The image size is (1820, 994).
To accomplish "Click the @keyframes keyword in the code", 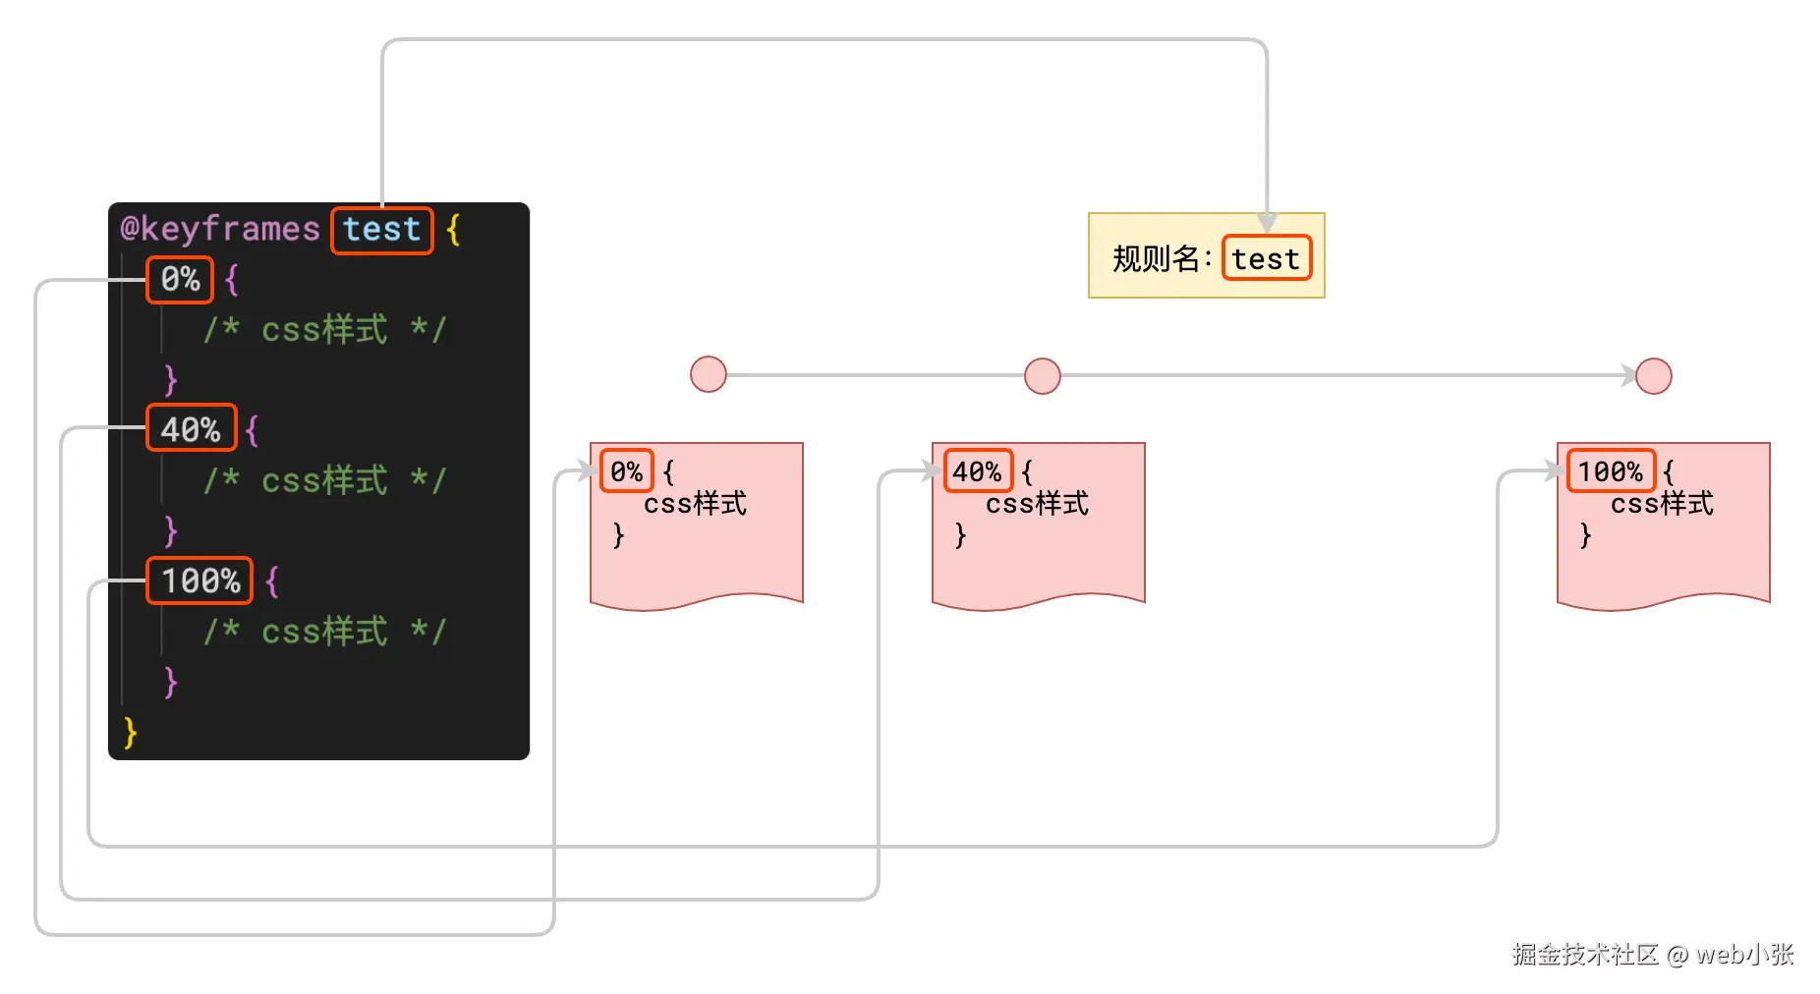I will pos(220,230).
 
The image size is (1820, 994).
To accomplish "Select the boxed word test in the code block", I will pos(381,230).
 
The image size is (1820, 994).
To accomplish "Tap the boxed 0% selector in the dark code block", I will pos(180,280).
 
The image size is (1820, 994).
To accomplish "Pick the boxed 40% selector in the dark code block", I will pos(191,429).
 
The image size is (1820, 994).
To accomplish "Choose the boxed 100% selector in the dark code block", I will pos(199,580).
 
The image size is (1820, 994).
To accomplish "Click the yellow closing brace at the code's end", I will pos(130,733).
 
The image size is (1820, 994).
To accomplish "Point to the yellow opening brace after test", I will pos(453,230).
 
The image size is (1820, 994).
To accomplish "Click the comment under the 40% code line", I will pos(324,480).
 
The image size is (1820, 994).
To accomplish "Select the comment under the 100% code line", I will pos(324,632).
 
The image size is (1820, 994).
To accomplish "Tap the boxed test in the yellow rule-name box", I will pos(1266,258).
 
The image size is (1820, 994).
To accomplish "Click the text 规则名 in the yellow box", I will pos(1156,259).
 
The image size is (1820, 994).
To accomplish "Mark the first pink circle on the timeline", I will pos(708,374).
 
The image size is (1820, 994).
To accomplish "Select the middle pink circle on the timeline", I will pos(1042,375).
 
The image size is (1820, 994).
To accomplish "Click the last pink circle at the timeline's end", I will pos(1653,375).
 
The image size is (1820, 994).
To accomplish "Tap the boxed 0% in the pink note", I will pos(626,472).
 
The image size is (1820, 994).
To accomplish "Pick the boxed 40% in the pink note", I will pos(977,472).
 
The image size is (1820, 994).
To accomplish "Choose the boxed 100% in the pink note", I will pos(1610,472).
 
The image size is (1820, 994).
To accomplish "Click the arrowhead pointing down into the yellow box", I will pos(1267,223).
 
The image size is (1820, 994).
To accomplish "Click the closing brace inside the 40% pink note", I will pos(960,535).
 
